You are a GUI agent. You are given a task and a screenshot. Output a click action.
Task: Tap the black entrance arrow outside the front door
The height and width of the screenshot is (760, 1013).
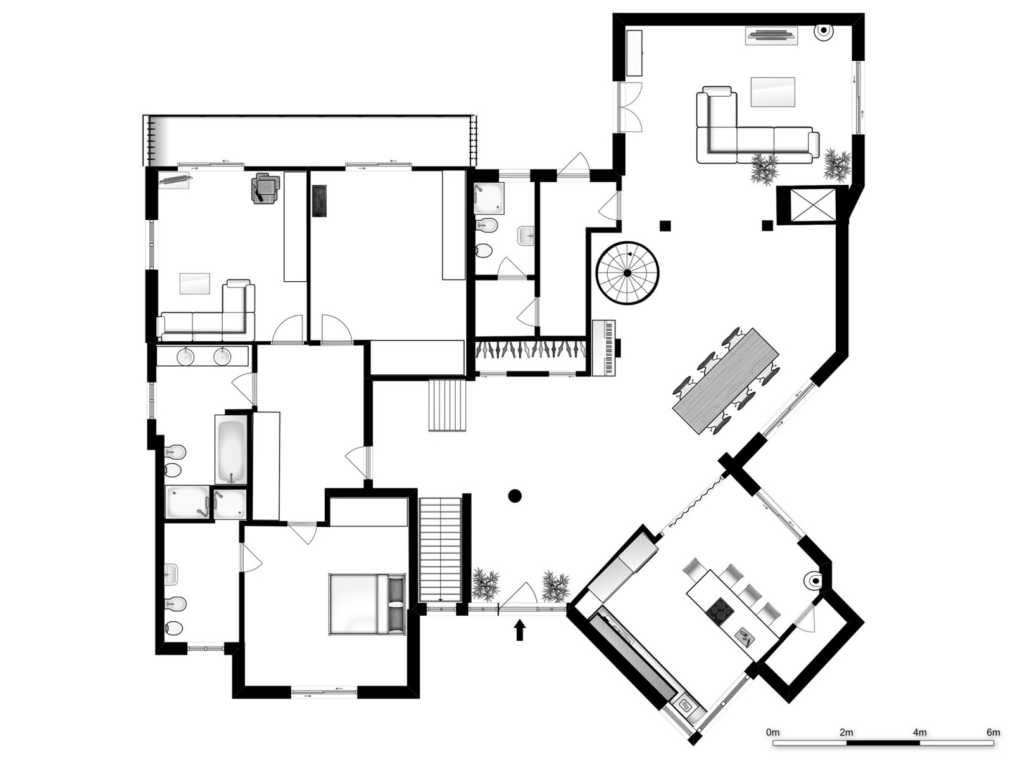tap(520, 630)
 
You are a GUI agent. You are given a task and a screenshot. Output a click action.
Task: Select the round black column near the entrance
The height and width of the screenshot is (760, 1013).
tap(515, 496)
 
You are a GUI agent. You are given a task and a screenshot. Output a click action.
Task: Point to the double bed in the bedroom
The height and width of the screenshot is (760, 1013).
tap(367, 604)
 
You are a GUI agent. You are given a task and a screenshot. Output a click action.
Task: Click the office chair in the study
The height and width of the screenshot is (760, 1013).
tap(265, 189)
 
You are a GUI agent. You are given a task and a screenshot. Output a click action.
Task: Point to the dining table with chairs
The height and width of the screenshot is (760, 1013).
tap(726, 380)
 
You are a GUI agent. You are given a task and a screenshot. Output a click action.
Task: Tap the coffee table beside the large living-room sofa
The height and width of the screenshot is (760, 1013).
tap(772, 92)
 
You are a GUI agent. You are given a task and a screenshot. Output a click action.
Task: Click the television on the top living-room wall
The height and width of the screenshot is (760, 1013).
tap(771, 35)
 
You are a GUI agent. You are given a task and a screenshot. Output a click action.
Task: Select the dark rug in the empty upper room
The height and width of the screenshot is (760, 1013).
tap(319, 201)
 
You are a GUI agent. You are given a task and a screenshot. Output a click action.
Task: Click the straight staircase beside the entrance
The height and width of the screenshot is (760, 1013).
tap(441, 549)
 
